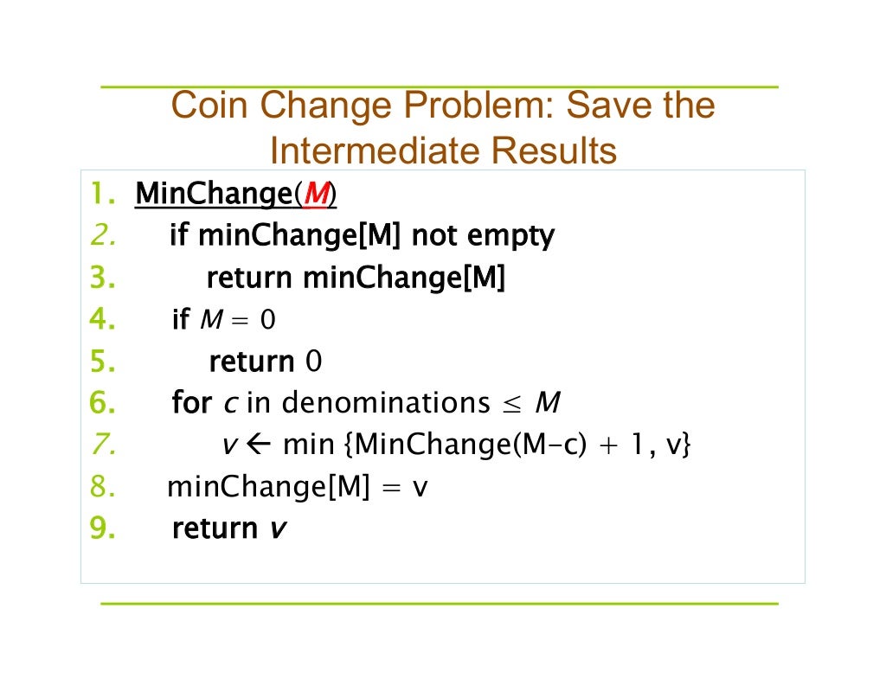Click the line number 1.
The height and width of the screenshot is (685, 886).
[x=102, y=194]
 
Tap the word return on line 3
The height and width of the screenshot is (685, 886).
[x=251, y=278]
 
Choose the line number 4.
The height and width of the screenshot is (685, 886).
[x=101, y=320]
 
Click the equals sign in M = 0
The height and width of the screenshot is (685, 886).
[x=241, y=321]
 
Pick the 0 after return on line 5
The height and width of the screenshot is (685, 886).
[x=313, y=362]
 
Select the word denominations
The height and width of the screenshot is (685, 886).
[x=386, y=403]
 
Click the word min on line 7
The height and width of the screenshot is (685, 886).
[x=309, y=445]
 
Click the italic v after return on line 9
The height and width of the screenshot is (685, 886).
[x=276, y=528]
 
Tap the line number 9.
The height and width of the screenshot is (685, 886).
[x=101, y=528]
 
